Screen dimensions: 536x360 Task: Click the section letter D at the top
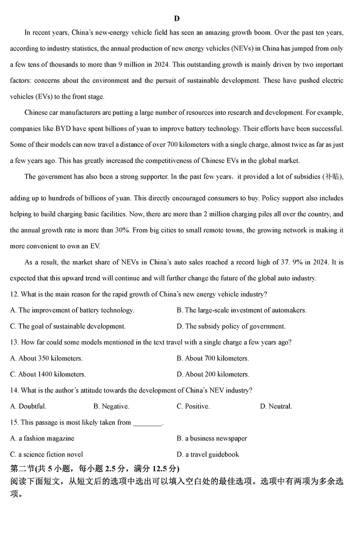tap(177, 18)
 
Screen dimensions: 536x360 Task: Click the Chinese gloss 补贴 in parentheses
tap(332, 177)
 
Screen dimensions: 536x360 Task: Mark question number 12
tap(14, 294)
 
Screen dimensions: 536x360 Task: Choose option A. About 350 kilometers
tap(46, 359)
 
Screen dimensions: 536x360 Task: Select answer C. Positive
tap(193, 406)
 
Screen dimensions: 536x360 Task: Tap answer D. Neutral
tap(276, 406)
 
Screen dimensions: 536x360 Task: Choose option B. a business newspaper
tap(211, 438)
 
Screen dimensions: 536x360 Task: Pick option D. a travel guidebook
tap(207, 454)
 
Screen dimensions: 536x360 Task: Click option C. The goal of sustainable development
tap(67, 326)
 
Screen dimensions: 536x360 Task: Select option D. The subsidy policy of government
tap(231, 326)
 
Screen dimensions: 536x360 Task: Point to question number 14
tap(14, 391)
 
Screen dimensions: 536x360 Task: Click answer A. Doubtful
tap(28, 406)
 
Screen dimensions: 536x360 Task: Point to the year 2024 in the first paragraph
tap(161, 65)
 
